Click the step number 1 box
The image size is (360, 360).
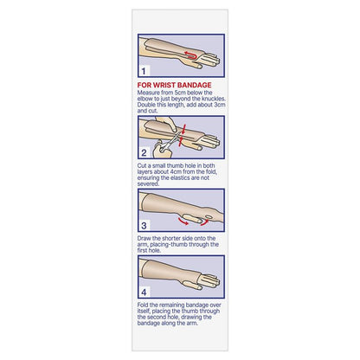coord(144,71)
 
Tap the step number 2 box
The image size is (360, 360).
coord(144,153)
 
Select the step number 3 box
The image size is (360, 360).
coord(144,226)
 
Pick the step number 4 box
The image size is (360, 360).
coord(144,292)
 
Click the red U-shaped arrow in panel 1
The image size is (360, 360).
coord(190,55)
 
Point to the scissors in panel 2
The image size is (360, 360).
coord(169,142)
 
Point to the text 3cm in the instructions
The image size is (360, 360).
coord(220,105)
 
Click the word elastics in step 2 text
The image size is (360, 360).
coord(182,177)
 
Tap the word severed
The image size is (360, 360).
coord(148,183)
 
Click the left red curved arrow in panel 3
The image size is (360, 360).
coord(183,222)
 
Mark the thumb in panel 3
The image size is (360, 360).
coord(191,218)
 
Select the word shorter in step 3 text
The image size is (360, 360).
coord(173,238)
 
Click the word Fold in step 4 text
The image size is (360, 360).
coord(143,305)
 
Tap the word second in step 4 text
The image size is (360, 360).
coord(157,317)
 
